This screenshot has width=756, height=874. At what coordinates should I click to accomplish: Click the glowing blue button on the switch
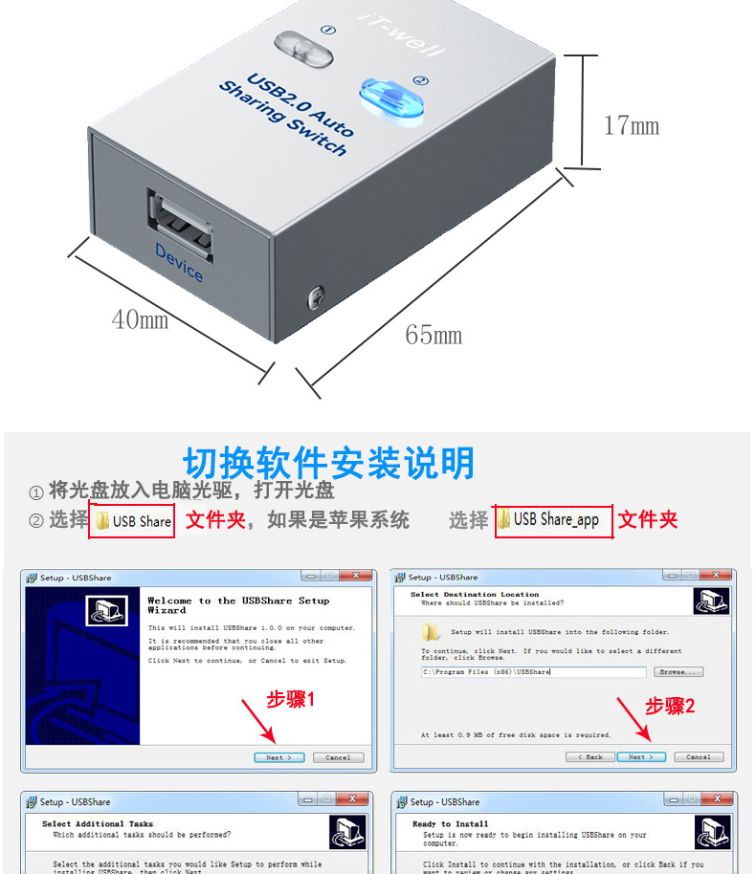pos(390,98)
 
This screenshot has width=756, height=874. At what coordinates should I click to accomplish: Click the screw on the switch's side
pos(315,298)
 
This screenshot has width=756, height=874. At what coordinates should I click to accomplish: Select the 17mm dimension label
pos(632,125)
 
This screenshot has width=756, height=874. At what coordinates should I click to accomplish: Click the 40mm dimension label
pos(140,319)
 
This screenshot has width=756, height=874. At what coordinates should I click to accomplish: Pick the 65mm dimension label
pos(434,335)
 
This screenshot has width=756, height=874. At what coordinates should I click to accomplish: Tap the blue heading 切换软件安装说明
pos(328,463)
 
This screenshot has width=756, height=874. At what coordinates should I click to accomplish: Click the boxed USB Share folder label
pos(132,521)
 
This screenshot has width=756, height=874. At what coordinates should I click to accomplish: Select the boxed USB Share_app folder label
pos(553,520)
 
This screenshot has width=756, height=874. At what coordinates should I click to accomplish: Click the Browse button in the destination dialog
pos(679,672)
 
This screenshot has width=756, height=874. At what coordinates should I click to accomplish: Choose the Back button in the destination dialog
pos(589,756)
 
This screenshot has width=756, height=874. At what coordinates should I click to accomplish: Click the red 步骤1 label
pos(291,700)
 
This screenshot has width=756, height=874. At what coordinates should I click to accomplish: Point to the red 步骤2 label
pos(670,706)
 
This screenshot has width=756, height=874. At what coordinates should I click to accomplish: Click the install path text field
pos(534,672)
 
